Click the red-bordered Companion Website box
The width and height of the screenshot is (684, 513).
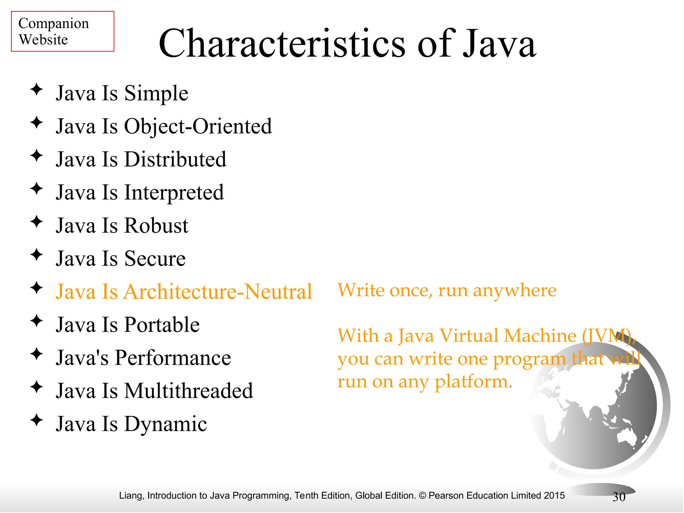[x=62, y=31]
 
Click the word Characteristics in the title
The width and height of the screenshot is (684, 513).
[x=282, y=44]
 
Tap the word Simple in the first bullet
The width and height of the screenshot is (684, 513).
[x=156, y=93]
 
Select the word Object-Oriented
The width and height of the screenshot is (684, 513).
[x=198, y=126]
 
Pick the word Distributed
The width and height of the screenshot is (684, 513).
[x=175, y=159]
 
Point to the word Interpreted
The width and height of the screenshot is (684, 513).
[x=174, y=193]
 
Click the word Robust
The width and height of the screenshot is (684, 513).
[x=156, y=225]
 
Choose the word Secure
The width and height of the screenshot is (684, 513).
[x=155, y=259]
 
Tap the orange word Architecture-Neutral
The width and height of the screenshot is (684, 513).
[x=218, y=292]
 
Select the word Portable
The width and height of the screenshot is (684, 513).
[x=162, y=325]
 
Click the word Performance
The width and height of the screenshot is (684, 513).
[x=173, y=358]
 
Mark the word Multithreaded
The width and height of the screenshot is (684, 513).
[x=189, y=391]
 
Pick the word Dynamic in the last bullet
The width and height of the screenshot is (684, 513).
[x=166, y=424]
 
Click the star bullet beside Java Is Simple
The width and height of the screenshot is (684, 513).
[x=36, y=90]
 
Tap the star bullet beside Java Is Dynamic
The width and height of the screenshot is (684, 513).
[x=36, y=420]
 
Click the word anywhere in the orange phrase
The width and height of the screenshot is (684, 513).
[x=515, y=290]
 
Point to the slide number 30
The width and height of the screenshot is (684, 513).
[x=619, y=497]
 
